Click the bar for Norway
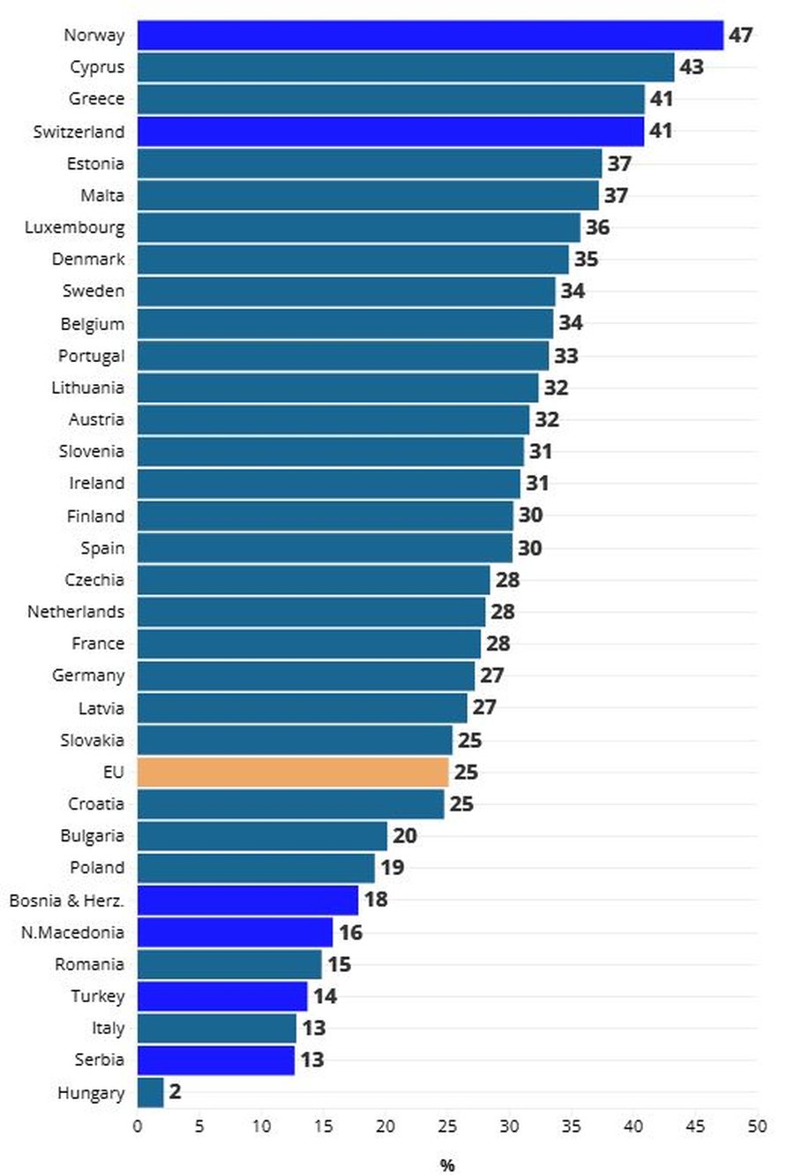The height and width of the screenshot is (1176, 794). tap(430, 35)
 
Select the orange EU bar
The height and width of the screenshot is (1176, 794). tap(293, 772)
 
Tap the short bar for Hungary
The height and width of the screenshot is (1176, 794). tap(151, 1092)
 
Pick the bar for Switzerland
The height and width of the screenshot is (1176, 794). tap(391, 131)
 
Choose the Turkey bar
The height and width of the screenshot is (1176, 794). tap(222, 996)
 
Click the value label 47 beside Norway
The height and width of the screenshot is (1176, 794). tap(740, 35)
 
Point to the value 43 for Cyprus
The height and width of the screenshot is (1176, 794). tap(692, 67)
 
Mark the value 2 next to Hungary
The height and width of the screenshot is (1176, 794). tap(175, 1092)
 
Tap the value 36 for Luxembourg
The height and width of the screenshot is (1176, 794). tap(597, 227)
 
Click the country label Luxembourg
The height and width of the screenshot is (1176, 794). tap(75, 227)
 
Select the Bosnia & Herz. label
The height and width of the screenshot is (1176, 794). tap(67, 900)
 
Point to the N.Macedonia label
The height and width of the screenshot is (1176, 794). tap(72, 932)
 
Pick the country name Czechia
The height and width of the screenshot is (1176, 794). tap(94, 580)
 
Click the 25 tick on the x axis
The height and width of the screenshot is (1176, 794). tap(447, 1127)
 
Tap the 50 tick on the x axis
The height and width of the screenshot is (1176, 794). tap(757, 1127)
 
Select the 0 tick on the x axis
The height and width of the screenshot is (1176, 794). tap(138, 1127)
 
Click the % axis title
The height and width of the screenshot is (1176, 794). tap(447, 1165)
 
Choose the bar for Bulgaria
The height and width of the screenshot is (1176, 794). tap(262, 835)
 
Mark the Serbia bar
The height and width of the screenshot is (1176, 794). tap(216, 1059)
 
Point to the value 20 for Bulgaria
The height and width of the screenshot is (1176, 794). tap(404, 835)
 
